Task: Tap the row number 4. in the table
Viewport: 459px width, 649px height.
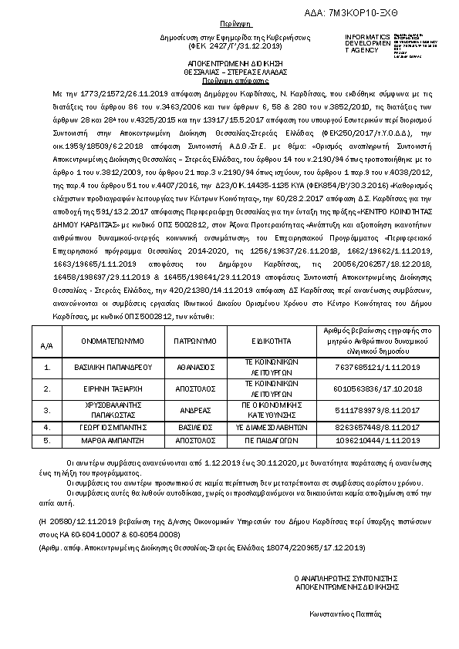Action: click(46, 426)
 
